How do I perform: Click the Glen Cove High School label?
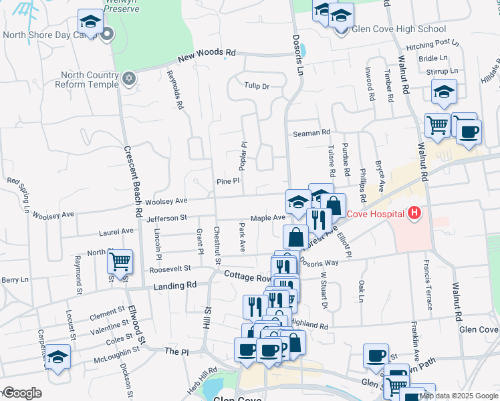coord(398,29)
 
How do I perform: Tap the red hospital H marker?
coord(414,214)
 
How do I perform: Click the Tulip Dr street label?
coord(256,86)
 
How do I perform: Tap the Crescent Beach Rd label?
coord(131,181)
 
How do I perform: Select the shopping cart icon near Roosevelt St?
coord(120,262)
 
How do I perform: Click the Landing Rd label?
coord(175,285)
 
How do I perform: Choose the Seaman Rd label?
coord(312,133)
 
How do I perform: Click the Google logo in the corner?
coord(21,393)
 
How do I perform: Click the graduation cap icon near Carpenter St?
coord(58,356)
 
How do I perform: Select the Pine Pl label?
coord(223,182)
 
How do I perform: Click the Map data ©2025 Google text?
coord(459,395)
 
